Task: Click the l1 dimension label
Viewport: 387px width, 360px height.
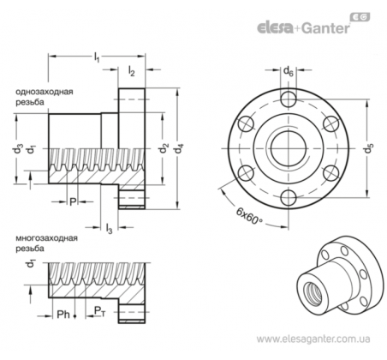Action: pyautogui.click(x=97, y=57)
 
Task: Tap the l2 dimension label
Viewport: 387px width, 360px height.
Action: pyautogui.click(x=131, y=70)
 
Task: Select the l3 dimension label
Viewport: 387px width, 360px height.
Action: pyautogui.click(x=109, y=228)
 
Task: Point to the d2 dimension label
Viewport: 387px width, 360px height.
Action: pyautogui.click(x=164, y=147)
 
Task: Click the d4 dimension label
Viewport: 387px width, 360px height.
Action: pyautogui.click(x=179, y=148)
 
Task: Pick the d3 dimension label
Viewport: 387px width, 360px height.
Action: pyautogui.click(x=18, y=148)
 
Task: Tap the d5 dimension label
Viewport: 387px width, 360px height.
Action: pyautogui.click(x=368, y=148)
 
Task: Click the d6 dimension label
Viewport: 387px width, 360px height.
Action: pyautogui.click(x=289, y=71)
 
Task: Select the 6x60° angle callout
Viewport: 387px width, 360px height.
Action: pyautogui.click(x=249, y=216)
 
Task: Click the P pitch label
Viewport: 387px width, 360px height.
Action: pyautogui.click(x=73, y=201)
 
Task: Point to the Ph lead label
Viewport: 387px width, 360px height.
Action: pyautogui.click(x=63, y=315)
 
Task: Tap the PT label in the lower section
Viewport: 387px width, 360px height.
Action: pyautogui.click(x=99, y=311)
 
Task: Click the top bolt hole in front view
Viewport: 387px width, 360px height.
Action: pyautogui.click(x=289, y=99)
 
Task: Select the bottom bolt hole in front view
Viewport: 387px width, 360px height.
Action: pyautogui.click(x=289, y=197)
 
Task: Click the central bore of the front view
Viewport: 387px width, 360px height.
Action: pyautogui.click(x=289, y=148)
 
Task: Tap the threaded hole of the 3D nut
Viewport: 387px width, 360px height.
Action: pyautogui.click(x=313, y=291)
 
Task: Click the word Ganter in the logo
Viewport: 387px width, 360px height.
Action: pyautogui.click(x=325, y=28)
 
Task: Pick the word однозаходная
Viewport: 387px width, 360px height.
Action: pyautogui.click(x=45, y=92)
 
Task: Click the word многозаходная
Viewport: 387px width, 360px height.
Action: pyautogui.click(x=46, y=238)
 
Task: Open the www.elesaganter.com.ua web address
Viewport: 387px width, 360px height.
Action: pyautogui.click(x=313, y=339)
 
